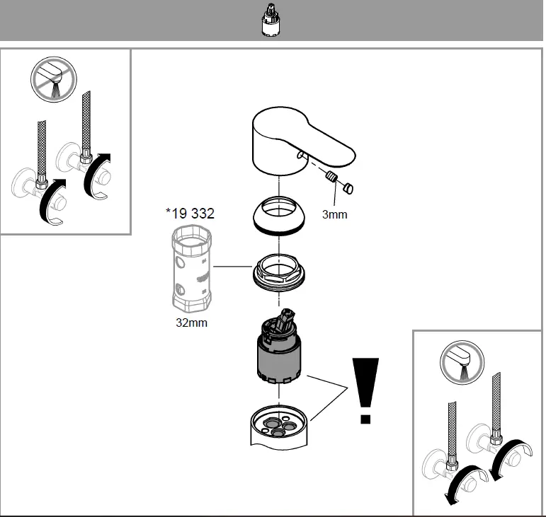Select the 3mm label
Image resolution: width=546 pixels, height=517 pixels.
334,214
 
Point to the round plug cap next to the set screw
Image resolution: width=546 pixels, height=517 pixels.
348,188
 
